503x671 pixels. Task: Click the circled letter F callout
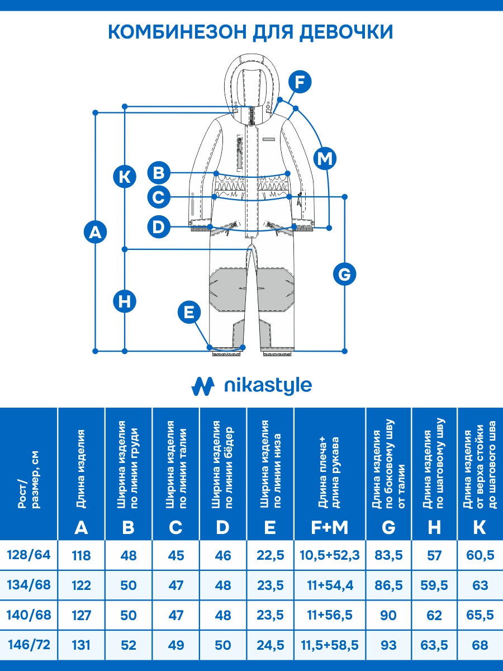point(300,83)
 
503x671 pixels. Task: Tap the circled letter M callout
point(325,158)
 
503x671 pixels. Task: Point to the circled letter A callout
point(95,231)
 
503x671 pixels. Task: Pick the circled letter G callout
point(344,274)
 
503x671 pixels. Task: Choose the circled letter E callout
point(189,312)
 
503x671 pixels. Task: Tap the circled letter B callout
point(159,172)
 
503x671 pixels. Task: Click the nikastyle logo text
point(267,386)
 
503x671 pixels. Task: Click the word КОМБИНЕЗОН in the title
point(175,32)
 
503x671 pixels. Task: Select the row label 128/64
point(29,555)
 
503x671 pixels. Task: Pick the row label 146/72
point(29,645)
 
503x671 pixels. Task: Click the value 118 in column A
point(81,556)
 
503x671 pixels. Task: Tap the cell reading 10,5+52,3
point(330,556)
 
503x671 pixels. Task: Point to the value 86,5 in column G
point(388,585)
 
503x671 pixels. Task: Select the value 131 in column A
point(81,645)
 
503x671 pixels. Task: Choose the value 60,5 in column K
point(480,556)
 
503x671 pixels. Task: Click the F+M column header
point(330,527)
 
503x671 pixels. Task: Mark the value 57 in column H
point(434,556)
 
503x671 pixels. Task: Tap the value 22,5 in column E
point(270,556)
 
